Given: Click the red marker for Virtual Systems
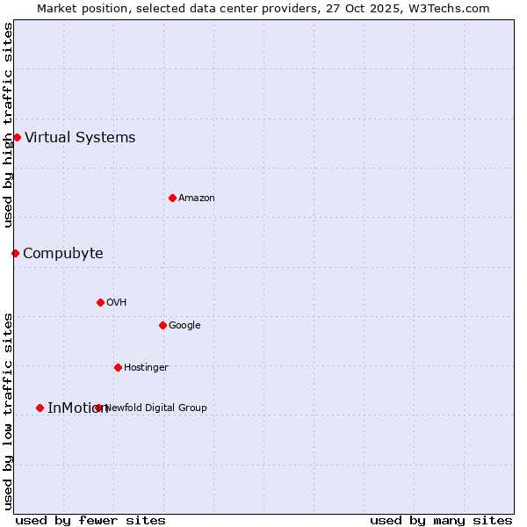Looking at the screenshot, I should tap(17, 137).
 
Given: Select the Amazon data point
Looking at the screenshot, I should tap(172, 198).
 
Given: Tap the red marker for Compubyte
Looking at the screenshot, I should tap(15, 253).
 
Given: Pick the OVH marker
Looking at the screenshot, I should tap(100, 302).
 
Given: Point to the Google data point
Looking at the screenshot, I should tap(162, 325).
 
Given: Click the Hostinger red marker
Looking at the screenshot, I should tap(118, 367).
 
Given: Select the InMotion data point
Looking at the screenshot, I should tap(40, 408).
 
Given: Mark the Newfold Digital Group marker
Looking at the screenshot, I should tap(98, 408).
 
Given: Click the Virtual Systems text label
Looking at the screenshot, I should tap(80, 137).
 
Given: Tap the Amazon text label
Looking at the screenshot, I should tap(197, 198).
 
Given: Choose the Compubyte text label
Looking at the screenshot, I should tap(62, 253).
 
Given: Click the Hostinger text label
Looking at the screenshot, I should tap(146, 367).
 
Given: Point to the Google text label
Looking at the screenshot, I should tap(184, 325).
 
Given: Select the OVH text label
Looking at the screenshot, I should tap(117, 302).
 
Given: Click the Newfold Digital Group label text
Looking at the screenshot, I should tap(156, 408).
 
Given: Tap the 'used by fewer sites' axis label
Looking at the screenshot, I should tap(90, 520).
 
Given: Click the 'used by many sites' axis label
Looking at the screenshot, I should tap(441, 520).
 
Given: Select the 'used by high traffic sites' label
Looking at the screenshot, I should tap(8, 125).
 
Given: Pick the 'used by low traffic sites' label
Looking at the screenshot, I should tap(8, 410).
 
